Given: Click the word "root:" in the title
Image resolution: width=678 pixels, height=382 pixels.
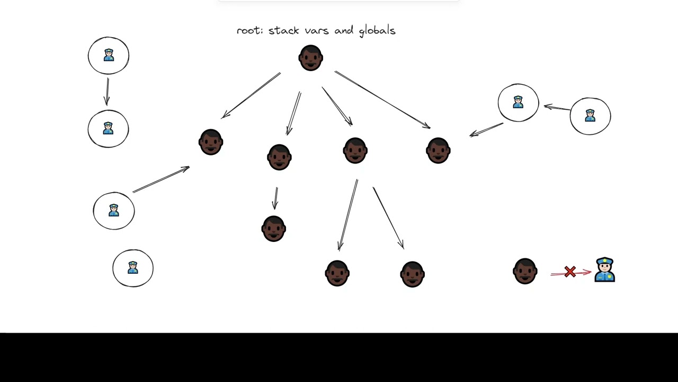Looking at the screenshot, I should (249, 31).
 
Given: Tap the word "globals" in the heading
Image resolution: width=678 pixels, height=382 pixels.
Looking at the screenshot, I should (377, 31).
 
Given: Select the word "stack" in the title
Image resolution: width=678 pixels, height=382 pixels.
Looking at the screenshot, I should (283, 31).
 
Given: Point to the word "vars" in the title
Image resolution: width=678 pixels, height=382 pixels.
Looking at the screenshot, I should (315, 31).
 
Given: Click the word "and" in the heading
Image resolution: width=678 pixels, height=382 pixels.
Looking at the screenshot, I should (344, 31).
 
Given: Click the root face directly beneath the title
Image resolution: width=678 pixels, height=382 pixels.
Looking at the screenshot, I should (310, 58).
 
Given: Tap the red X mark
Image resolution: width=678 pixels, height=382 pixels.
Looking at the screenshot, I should (570, 272).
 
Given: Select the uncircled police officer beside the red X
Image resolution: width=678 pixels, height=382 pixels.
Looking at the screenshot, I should (604, 270).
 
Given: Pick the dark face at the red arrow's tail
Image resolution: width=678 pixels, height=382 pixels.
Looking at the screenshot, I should (525, 271).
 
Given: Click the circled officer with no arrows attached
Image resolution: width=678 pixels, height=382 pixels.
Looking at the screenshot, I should (133, 268).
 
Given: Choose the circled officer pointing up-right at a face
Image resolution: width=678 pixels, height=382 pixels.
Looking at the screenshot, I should (114, 211).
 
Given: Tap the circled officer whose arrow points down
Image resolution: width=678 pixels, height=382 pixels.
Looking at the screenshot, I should (109, 55).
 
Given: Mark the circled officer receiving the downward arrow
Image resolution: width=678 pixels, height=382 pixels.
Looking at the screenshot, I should (108, 129).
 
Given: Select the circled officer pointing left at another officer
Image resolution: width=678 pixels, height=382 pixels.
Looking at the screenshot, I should (590, 116).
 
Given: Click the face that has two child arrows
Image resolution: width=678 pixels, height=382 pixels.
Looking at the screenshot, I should (355, 151).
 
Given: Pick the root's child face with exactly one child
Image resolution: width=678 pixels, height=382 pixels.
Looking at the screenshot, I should (279, 157).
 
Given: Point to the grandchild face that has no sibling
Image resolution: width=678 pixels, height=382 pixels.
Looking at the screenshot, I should (274, 229).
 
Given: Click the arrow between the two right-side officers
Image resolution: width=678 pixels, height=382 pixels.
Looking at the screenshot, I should (557, 108).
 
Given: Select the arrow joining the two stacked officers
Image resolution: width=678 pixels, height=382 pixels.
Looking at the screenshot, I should (108, 92).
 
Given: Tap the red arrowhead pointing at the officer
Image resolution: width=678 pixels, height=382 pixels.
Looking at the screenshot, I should (587, 272).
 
